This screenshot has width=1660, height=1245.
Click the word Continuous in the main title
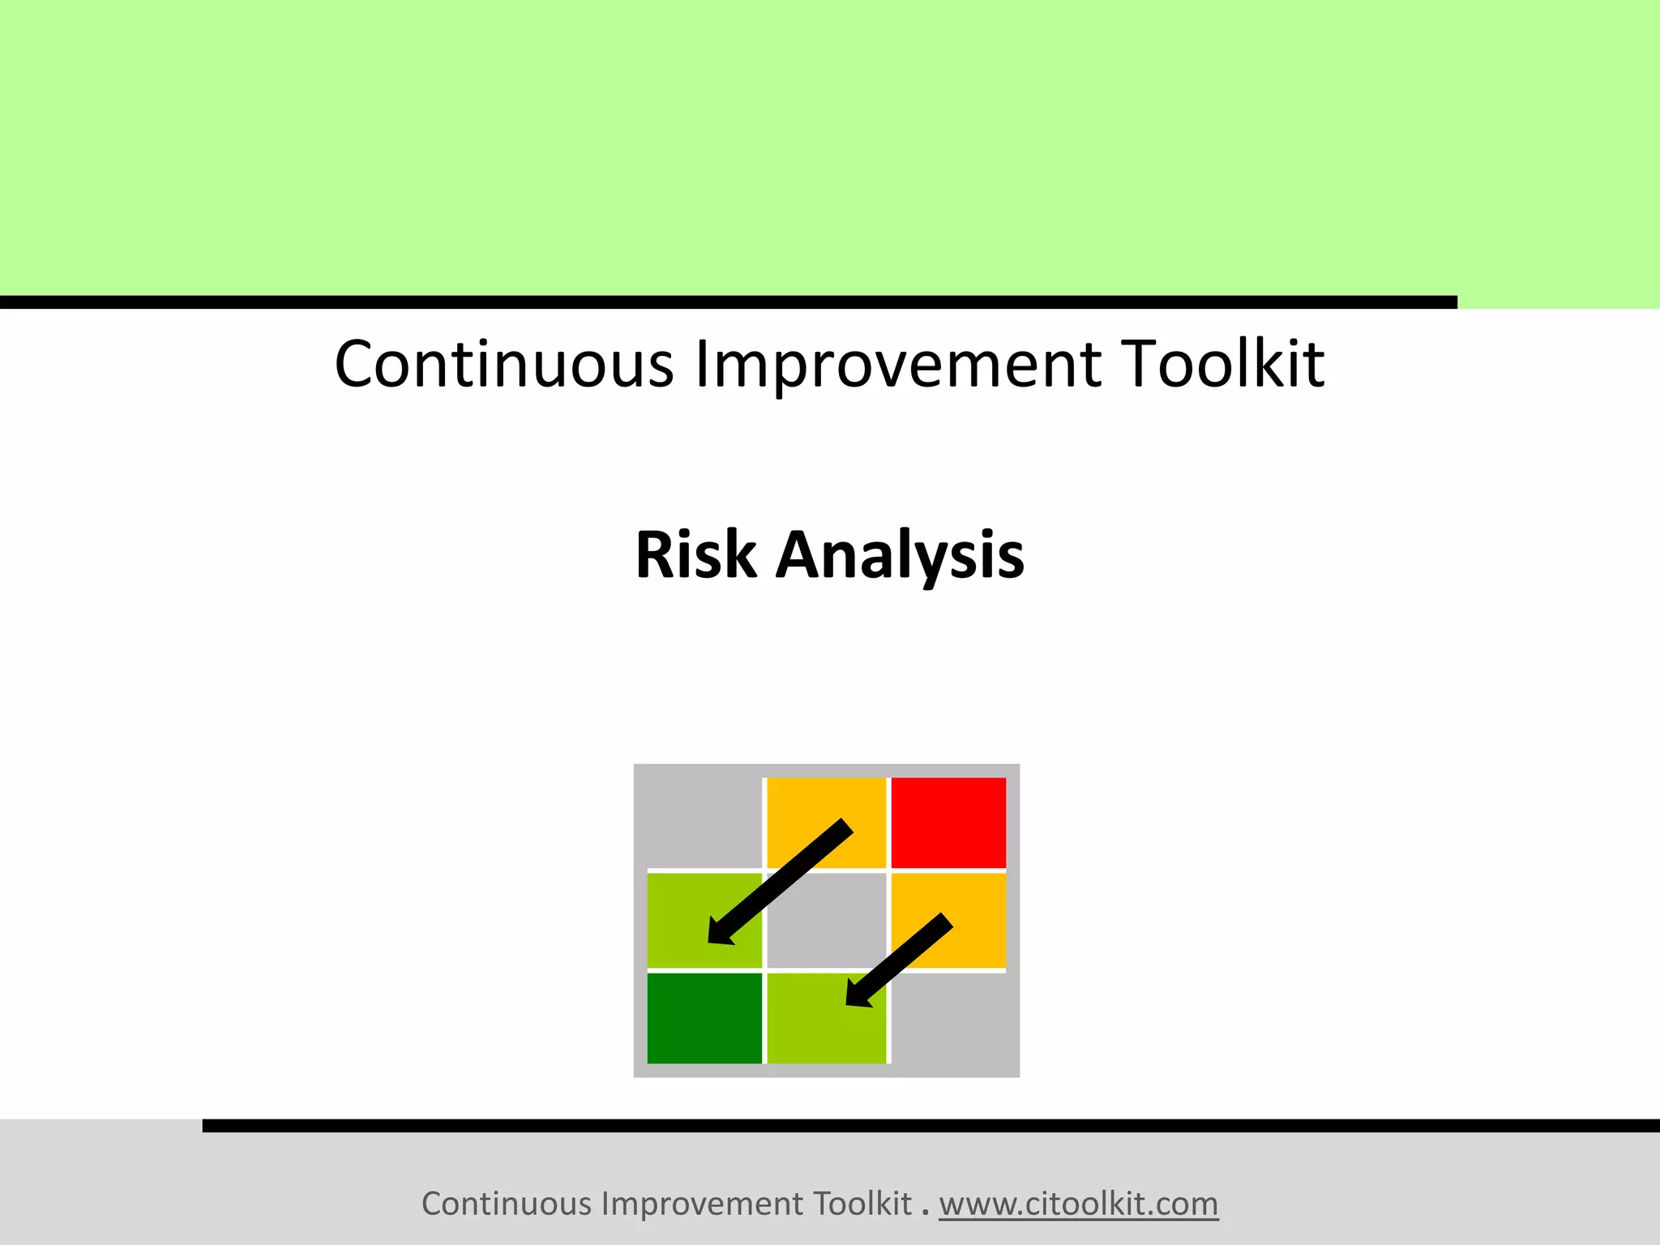(x=503, y=364)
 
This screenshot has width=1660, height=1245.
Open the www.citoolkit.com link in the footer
(x=1078, y=1204)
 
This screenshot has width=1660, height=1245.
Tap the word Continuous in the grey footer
(x=507, y=1204)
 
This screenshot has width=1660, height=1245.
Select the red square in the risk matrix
(x=948, y=822)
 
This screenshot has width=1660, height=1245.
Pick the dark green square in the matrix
(x=704, y=1018)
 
